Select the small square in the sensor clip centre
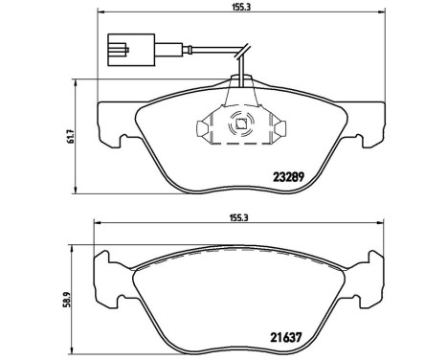pyautogui.click(x=240, y=123)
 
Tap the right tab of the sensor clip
pyautogui.click(x=278, y=126)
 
